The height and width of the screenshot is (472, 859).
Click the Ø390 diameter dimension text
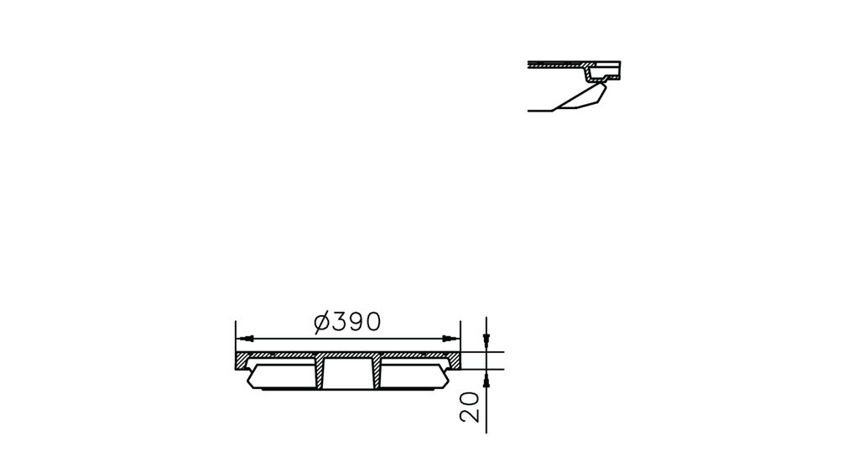(347, 322)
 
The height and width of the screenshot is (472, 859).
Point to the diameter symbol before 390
(321, 322)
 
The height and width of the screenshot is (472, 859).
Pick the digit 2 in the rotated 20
(471, 413)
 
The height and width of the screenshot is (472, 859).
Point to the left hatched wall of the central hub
(320, 373)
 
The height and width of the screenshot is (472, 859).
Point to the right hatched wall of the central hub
(376, 373)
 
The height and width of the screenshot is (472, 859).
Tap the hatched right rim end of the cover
(454, 361)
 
